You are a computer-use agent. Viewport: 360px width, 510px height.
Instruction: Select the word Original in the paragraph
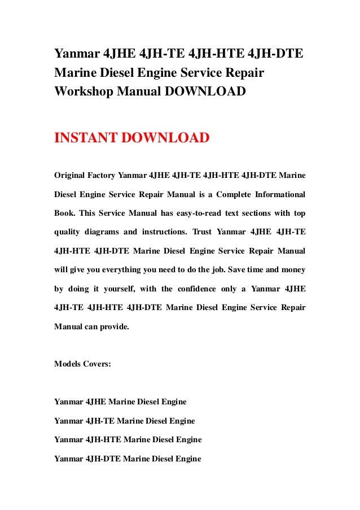pos(68,176)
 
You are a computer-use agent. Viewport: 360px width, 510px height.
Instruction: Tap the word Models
pos(67,364)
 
